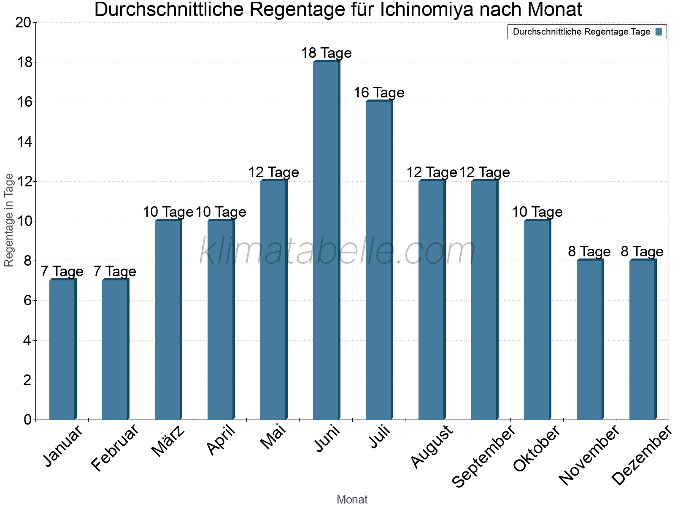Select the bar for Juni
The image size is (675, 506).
coord(326,240)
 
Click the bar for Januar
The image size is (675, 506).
coord(62,350)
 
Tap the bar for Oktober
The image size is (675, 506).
coord(537,320)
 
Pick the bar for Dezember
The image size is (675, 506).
coord(643,339)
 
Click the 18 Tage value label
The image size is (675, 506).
coord(326,53)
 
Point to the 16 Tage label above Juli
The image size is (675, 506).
coord(379,93)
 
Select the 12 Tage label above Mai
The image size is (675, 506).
coord(273,172)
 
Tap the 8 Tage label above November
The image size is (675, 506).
coord(589,252)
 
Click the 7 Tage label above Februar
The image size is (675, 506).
coord(115,272)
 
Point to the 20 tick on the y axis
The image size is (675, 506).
coord(23,23)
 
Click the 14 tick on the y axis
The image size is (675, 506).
coord(23,142)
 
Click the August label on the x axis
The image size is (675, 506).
coord(432,447)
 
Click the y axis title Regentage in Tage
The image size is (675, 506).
coord(9,221)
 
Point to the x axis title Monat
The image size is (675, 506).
coord(352,500)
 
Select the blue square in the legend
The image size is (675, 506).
coord(659,32)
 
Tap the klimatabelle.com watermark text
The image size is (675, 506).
coord(337,251)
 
